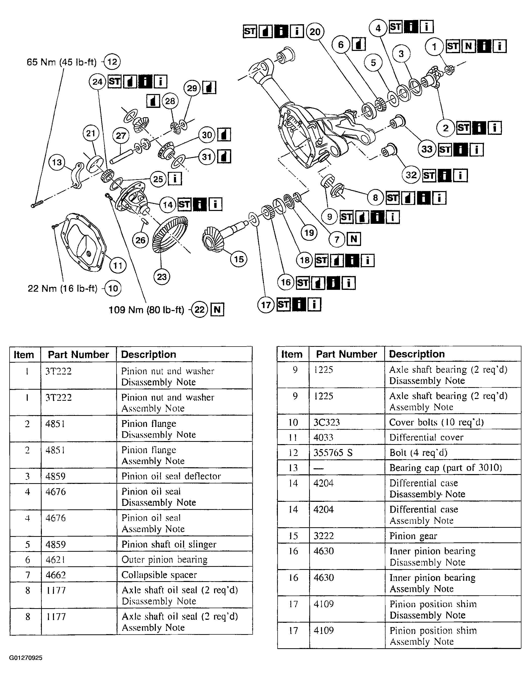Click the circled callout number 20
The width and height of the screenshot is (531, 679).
[x=315, y=32]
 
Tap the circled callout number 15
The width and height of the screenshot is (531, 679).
[x=239, y=259]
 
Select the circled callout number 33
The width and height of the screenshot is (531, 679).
[x=427, y=149]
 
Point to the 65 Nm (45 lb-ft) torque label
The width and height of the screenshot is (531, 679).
[x=61, y=62]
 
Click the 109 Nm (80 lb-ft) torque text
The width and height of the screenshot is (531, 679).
[x=146, y=310]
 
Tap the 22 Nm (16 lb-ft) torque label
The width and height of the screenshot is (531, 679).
[x=62, y=289]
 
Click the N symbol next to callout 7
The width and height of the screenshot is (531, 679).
[x=354, y=239]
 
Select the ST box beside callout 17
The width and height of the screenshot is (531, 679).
[x=283, y=304]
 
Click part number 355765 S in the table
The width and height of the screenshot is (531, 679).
[x=333, y=453]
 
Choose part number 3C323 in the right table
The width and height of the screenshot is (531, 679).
[x=327, y=422]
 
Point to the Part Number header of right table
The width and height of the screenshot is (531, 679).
[x=346, y=354]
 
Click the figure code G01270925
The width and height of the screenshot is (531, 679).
[x=26, y=658]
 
